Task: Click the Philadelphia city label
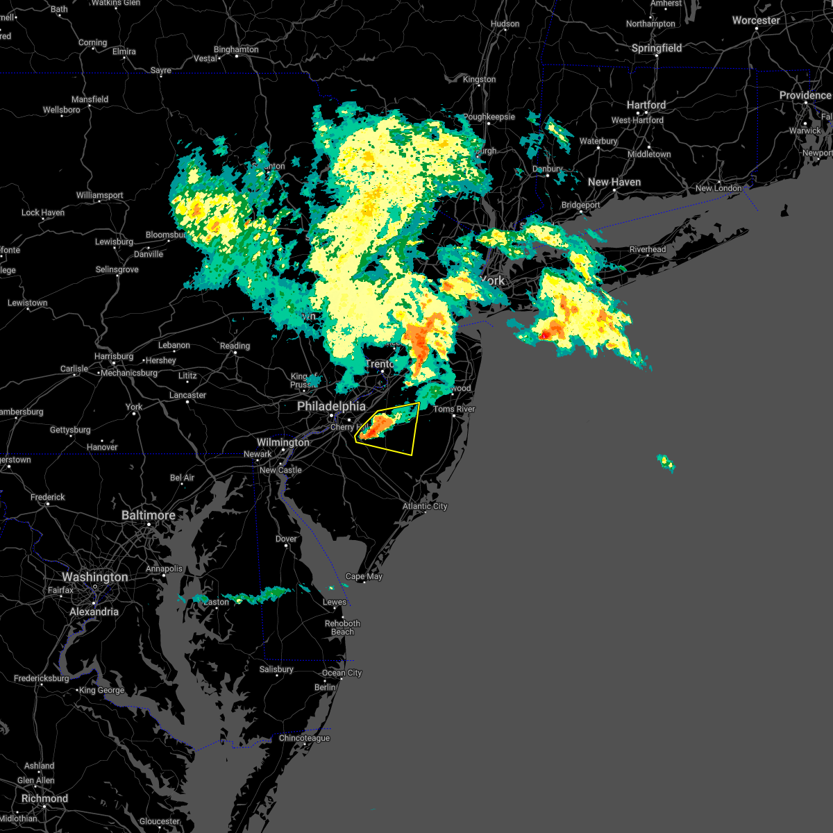(331, 406)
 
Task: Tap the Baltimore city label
(149, 515)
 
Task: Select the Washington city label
(95, 577)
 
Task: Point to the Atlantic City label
(425, 506)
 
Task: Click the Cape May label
(364, 576)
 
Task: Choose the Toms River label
(455, 409)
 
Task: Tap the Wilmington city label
(283, 442)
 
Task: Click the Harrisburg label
(114, 356)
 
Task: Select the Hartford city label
(646, 105)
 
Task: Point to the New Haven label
(614, 182)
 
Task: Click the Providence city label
(805, 95)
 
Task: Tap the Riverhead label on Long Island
(648, 249)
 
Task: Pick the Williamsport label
(100, 195)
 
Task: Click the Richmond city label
(44, 798)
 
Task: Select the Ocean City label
(342, 673)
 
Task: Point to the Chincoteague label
(304, 738)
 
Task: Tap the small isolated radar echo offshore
(666, 462)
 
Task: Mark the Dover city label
(286, 539)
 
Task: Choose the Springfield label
(657, 48)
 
